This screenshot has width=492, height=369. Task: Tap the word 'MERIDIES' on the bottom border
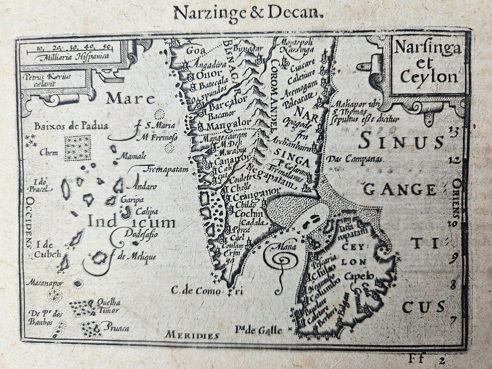[x=192, y=335]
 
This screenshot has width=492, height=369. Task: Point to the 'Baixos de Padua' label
[x=71, y=126]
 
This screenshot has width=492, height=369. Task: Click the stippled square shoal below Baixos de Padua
[x=77, y=148]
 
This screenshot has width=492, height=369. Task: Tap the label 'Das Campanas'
[x=355, y=159]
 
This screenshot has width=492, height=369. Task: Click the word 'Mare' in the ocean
[x=131, y=99]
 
